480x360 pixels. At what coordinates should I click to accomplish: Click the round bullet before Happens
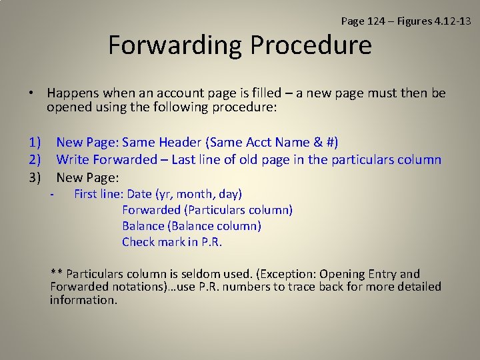[39, 93]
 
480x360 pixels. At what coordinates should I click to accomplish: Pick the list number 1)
[35, 142]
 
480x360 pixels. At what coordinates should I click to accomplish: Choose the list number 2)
[35, 159]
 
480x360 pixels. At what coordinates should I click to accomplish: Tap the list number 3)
[35, 177]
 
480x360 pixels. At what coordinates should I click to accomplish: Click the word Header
[181, 142]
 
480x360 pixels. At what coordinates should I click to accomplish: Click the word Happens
[72, 93]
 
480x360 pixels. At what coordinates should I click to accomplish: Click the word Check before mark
[138, 242]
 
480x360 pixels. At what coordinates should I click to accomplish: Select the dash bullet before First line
[53, 194]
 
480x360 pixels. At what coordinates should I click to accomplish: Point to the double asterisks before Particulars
[57, 273]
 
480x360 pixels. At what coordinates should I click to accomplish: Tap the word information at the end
[83, 300]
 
